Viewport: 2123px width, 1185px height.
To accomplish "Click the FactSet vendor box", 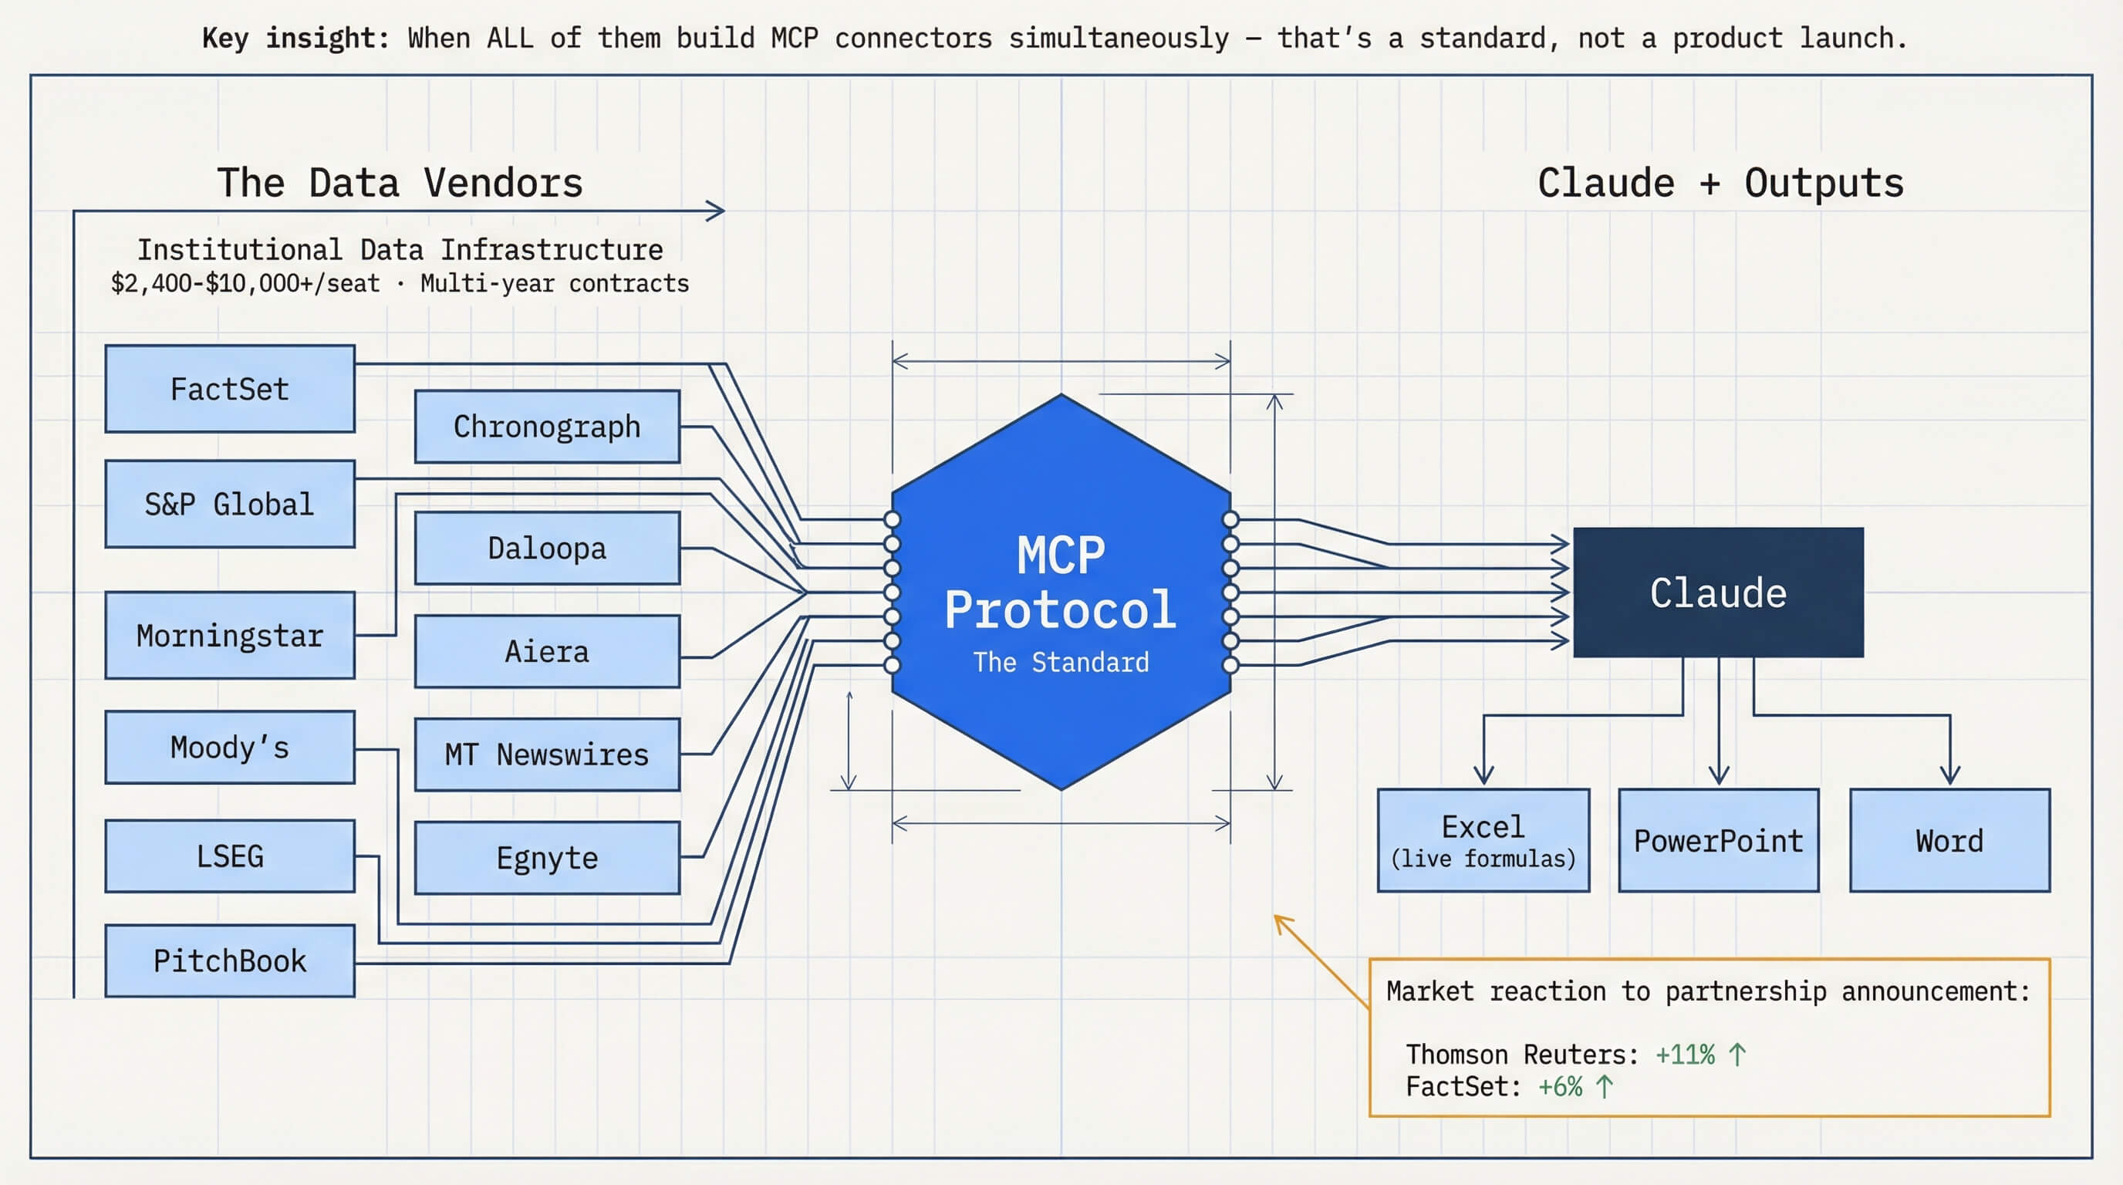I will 230,389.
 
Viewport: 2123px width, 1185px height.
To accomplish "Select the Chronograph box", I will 547,426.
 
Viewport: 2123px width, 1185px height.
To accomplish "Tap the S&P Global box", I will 230,504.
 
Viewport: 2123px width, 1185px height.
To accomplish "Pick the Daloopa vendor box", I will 547,548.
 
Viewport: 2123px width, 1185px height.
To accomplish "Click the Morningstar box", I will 230,636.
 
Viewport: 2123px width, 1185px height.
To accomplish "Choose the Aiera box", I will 547,651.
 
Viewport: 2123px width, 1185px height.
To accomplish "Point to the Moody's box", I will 230,748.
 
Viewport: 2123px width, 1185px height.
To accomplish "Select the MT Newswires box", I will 547,754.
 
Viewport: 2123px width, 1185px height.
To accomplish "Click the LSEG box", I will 230,856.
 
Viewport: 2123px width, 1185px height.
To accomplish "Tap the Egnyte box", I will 547,858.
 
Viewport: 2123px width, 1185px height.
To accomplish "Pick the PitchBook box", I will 230,960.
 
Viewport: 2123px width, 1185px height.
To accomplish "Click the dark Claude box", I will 1718,592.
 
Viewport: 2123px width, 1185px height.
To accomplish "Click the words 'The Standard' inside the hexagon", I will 1061,662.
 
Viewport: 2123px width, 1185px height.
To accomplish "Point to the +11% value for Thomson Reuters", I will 1685,1055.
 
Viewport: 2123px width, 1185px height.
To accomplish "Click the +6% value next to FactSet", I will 1560,1087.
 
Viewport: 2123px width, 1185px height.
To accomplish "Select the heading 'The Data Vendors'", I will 400,182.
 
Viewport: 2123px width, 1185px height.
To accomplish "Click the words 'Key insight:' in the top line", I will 295,38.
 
